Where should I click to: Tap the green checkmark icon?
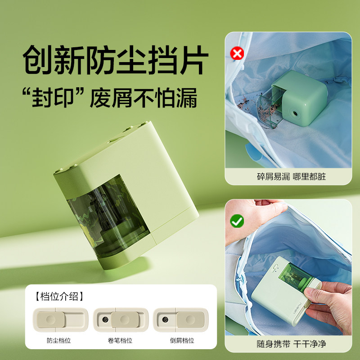point(237,221)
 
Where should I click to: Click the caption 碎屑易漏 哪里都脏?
point(288,176)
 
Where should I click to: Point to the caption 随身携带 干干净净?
point(288,344)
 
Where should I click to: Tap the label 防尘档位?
point(58,340)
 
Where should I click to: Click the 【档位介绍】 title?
point(59,296)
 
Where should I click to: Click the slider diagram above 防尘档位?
point(58,320)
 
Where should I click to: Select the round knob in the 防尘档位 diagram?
point(49,320)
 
